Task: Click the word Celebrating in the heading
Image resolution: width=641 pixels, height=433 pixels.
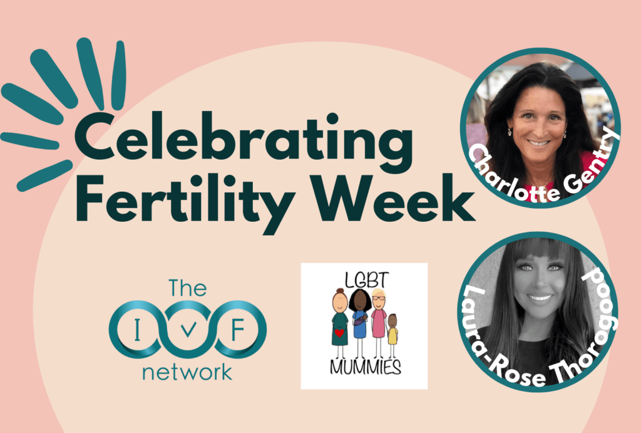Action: [x=244, y=138]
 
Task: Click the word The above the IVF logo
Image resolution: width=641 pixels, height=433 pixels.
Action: [x=188, y=288]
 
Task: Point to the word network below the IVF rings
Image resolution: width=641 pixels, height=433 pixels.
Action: [x=187, y=372]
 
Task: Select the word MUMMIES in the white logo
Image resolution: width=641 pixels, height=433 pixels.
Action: [x=365, y=367]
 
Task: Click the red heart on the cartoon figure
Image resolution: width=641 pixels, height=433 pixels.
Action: [x=339, y=333]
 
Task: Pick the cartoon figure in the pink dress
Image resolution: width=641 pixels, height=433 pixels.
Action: [x=379, y=322]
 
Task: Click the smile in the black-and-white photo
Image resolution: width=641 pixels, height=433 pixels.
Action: [x=540, y=297]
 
